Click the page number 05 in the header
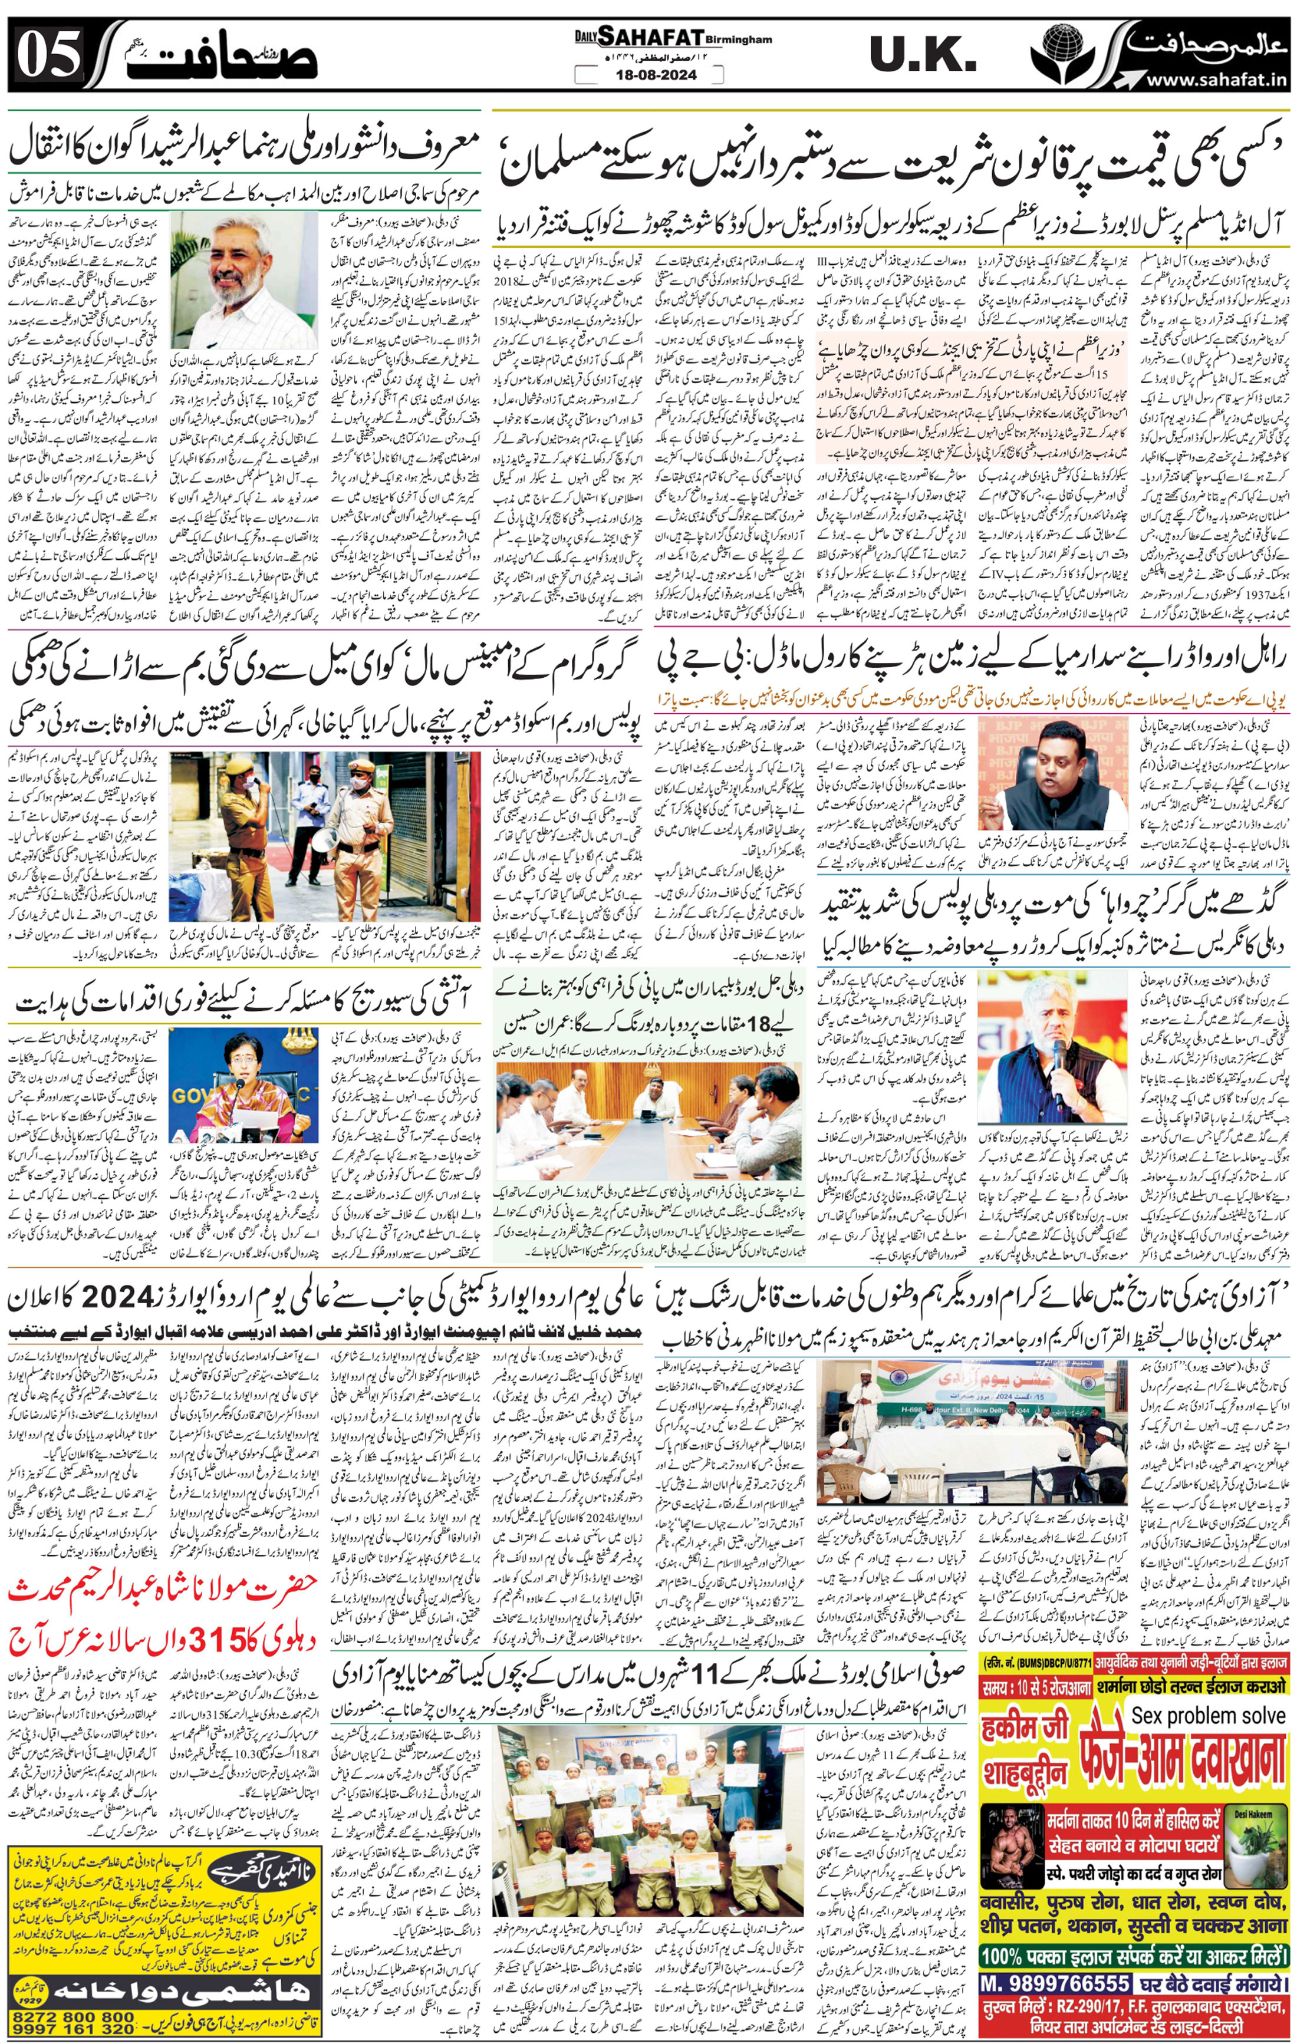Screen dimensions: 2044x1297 tap(48, 56)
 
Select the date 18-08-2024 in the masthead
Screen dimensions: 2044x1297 tap(648, 75)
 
